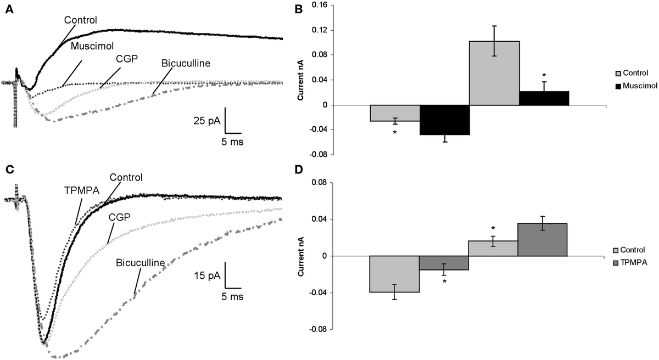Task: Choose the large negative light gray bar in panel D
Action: point(395,274)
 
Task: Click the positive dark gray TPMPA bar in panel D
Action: point(543,240)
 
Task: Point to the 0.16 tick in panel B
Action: point(320,5)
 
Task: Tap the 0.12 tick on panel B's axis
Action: point(320,30)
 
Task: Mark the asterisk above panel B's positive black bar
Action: point(544,75)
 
